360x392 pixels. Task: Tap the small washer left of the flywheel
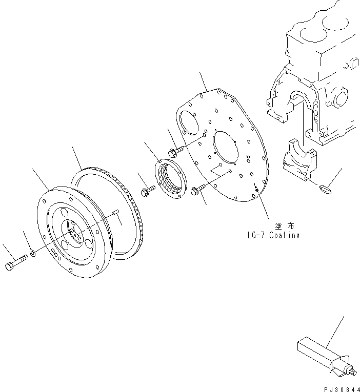[x=32, y=253]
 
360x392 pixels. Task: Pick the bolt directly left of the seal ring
[x=145, y=192]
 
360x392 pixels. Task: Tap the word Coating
[x=285, y=235]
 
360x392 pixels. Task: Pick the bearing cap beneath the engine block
[x=301, y=161]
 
